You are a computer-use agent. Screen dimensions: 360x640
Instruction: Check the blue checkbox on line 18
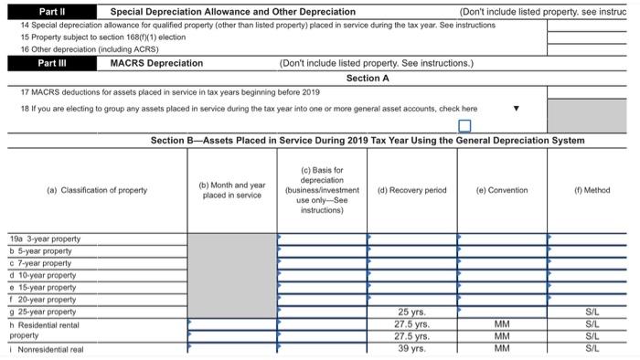464,125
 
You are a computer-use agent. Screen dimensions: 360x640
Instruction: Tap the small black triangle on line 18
516,108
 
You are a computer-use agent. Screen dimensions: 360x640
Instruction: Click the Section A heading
368,78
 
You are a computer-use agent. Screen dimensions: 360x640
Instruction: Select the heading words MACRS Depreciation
156,63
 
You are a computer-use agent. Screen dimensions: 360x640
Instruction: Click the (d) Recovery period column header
412,190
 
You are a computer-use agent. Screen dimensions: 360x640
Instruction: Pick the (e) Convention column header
502,190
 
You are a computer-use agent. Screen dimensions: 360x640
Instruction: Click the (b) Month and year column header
233,190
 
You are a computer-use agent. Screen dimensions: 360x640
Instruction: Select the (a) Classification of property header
96,190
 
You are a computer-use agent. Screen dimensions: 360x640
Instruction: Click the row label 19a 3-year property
46,238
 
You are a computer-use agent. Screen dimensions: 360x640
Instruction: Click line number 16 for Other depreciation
25,48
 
